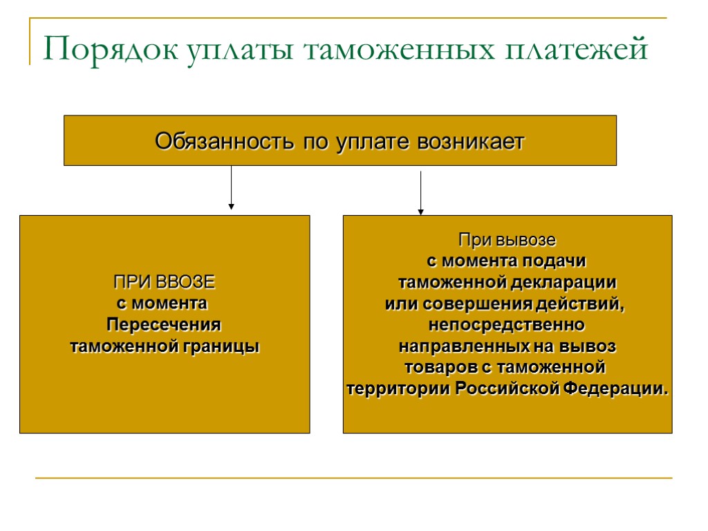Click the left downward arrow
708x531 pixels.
pos(231,187)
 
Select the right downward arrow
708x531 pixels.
pos(420,193)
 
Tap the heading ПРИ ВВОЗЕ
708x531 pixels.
pos(164,282)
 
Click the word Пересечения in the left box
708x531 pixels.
pos(164,324)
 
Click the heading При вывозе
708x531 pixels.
pos(507,241)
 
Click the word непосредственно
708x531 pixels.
pos(507,324)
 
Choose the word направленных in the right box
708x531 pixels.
pos(457,345)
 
